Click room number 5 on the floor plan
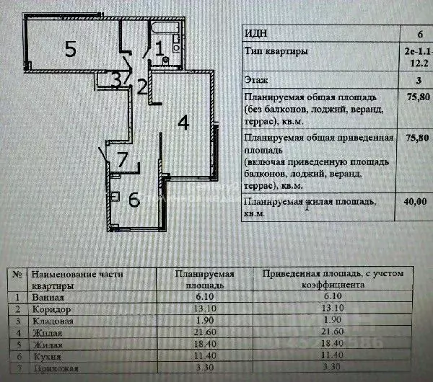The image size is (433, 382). [x=70, y=49]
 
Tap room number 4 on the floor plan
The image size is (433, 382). [x=184, y=123]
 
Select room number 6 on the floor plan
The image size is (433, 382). [x=134, y=200]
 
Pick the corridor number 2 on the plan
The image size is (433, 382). [x=142, y=88]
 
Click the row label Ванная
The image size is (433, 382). [x=47, y=297]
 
